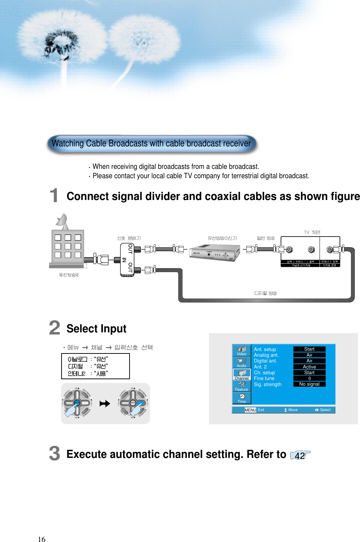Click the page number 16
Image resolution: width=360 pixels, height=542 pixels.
(42, 539)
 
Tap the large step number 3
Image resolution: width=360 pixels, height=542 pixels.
(54, 453)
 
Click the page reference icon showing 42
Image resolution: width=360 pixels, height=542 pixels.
(300, 455)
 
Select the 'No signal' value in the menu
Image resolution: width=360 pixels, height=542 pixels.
(309, 384)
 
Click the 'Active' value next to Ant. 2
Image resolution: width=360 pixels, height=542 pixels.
(309, 367)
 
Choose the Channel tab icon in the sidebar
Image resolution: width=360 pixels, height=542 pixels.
(242, 374)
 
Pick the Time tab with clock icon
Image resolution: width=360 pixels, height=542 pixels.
(242, 398)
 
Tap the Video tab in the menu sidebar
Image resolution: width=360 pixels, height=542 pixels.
(242, 350)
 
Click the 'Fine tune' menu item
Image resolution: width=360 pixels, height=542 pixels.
(264, 378)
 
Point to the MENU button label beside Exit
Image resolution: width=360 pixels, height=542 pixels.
(250, 410)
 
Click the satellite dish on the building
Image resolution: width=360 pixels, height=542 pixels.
(62, 221)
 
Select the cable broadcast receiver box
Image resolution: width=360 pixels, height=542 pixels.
(214, 253)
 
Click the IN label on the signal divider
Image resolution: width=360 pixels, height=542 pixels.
(124, 260)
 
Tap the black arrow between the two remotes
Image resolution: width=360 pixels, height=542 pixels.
(105, 404)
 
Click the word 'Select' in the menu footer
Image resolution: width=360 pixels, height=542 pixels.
(325, 410)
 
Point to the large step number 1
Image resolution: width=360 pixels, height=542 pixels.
(54, 195)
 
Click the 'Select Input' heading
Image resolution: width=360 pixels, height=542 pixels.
(96, 328)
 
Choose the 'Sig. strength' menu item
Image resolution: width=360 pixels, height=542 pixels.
(267, 384)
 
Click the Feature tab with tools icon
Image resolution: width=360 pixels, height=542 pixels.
(242, 386)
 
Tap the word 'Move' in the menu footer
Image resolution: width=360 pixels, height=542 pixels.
(293, 410)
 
